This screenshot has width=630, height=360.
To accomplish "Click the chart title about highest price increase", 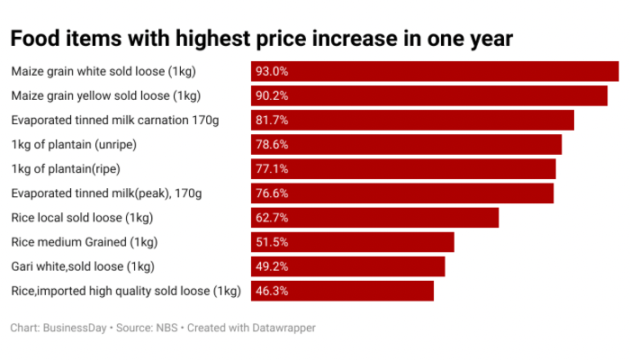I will [x=261, y=39].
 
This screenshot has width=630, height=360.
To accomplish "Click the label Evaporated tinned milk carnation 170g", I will [x=114, y=120].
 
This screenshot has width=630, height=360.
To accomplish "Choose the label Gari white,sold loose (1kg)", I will [x=83, y=266].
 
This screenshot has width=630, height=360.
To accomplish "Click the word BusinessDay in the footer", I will [x=75, y=328].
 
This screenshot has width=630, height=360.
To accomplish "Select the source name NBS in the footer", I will [x=166, y=328].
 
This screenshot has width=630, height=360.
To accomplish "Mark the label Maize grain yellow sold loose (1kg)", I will [x=105, y=95].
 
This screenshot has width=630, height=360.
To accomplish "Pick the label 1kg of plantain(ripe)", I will [x=66, y=168].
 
